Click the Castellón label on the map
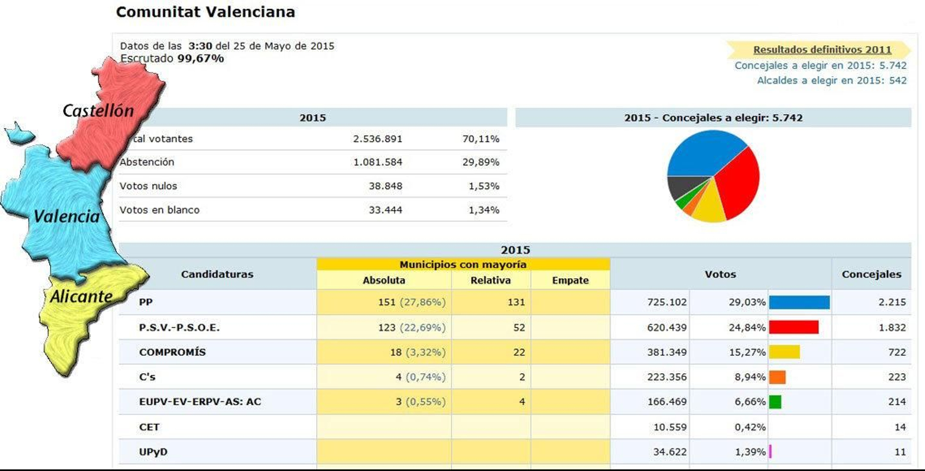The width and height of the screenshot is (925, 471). click(98, 111)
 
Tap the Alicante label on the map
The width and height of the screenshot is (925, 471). click(81, 296)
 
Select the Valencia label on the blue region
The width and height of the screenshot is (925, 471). click(66, 216)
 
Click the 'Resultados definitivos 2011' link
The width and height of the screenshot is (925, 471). click(822, 50)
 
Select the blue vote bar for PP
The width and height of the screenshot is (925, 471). click(799, 302)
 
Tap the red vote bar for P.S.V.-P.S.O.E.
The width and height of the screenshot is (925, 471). click(793, 328)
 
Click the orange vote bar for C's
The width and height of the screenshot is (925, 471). click(777, 377)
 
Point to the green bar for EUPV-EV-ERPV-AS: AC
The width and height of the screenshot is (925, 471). click(775, 402)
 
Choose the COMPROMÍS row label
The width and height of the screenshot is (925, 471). click(172, 352)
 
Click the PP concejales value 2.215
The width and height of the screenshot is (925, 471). click(892, 302)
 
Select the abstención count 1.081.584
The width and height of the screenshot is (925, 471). click(378, 162)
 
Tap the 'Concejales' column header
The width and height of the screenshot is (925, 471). click(871, 274)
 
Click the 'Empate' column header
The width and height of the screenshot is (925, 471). click(570, 280)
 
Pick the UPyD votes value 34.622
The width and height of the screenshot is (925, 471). click(669, 452)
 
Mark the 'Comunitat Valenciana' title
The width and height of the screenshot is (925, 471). click(205, 12)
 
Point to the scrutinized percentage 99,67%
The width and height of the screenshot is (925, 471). click(200, 58)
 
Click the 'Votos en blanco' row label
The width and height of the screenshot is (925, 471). click(160, 210)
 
